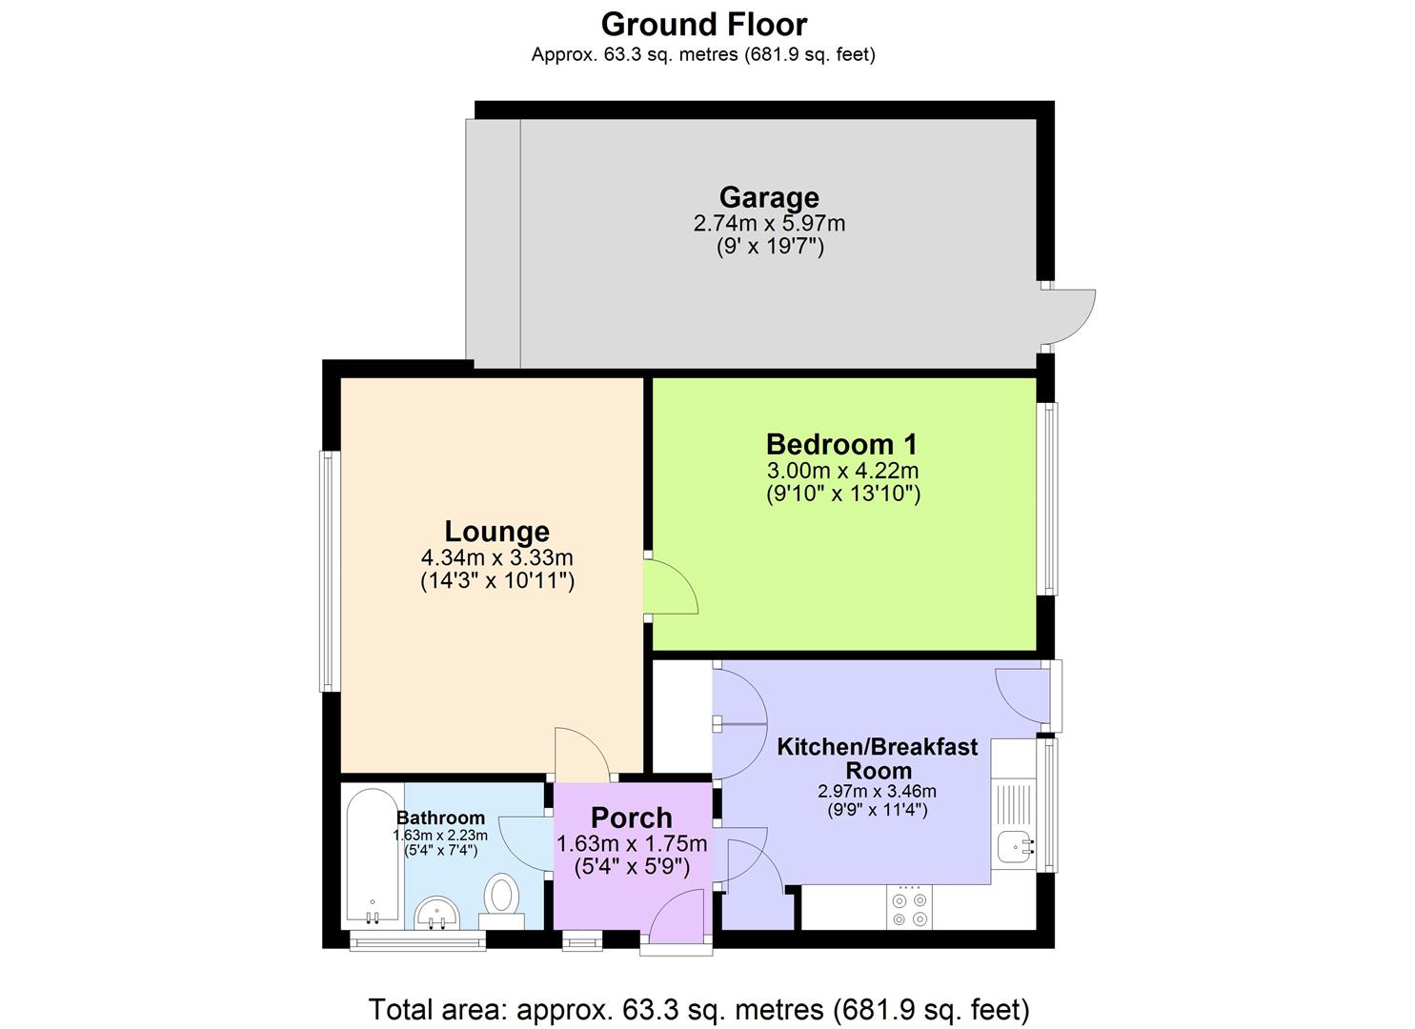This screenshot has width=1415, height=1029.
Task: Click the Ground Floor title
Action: [x=704, y=26]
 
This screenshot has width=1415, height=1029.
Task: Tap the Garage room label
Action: [x=769, y=197]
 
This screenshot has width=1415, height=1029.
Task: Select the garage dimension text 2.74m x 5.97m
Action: [x=769, y=223]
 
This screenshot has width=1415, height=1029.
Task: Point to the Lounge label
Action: [x=496, y=532]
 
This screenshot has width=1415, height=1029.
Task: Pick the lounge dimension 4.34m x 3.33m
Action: [x=496, y=557]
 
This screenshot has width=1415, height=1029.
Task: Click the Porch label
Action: [x=631, y=818]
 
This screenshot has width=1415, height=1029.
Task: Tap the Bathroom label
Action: [x=440, y=817]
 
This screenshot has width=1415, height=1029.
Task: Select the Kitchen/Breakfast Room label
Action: [x=878, y=758]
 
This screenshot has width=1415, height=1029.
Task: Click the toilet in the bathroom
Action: [x=501, y=901]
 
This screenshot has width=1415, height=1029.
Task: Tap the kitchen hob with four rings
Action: [x=909, y=907]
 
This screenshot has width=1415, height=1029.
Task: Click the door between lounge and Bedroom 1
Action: [x=671, y=587]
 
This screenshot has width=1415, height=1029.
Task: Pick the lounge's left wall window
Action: [x=330, y=571]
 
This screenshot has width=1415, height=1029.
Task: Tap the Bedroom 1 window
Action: [x=1047, y=499]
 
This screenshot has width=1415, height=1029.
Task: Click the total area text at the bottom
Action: [x=698, y=1009]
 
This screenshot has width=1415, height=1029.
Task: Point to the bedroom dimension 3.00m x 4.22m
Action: [x=842, y=471]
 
